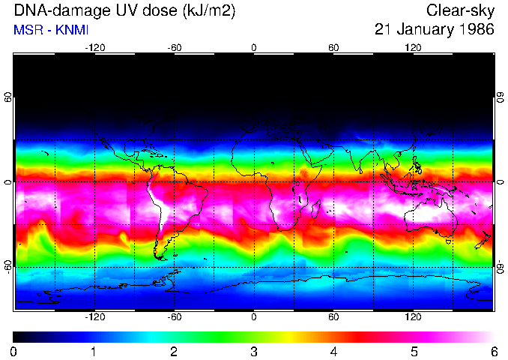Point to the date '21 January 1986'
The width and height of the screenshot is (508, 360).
435,30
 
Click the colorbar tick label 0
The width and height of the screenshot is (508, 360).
14,351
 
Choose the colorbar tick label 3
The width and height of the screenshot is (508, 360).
254,351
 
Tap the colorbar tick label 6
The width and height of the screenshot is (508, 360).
493,351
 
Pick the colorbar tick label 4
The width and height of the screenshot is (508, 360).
333,351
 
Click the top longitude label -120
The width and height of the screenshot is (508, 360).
94,48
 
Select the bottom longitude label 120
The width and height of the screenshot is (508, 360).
413,317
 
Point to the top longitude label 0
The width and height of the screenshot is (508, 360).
254,48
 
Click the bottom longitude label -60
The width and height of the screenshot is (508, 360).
175,317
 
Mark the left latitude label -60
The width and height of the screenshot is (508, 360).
7,262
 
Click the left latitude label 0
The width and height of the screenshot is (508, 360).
7,182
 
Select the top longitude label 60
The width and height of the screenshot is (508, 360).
333,48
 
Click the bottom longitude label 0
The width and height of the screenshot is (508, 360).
254,317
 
